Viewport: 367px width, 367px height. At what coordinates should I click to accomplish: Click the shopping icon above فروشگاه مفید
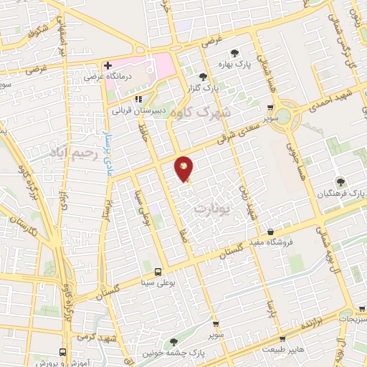click(x=270, y=232)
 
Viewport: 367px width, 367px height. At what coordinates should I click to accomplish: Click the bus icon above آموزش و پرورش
click(x=64, y=352)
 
